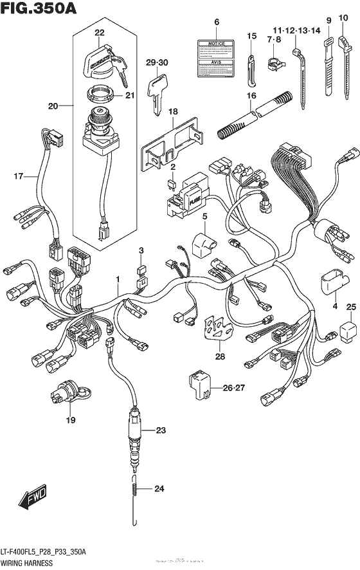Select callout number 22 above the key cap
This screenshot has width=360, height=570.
point(99,32)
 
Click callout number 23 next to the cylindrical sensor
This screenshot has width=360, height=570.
point(160,430)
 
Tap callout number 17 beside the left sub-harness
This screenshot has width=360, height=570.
point(19,175)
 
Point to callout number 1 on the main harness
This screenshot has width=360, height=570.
point(118,279)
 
